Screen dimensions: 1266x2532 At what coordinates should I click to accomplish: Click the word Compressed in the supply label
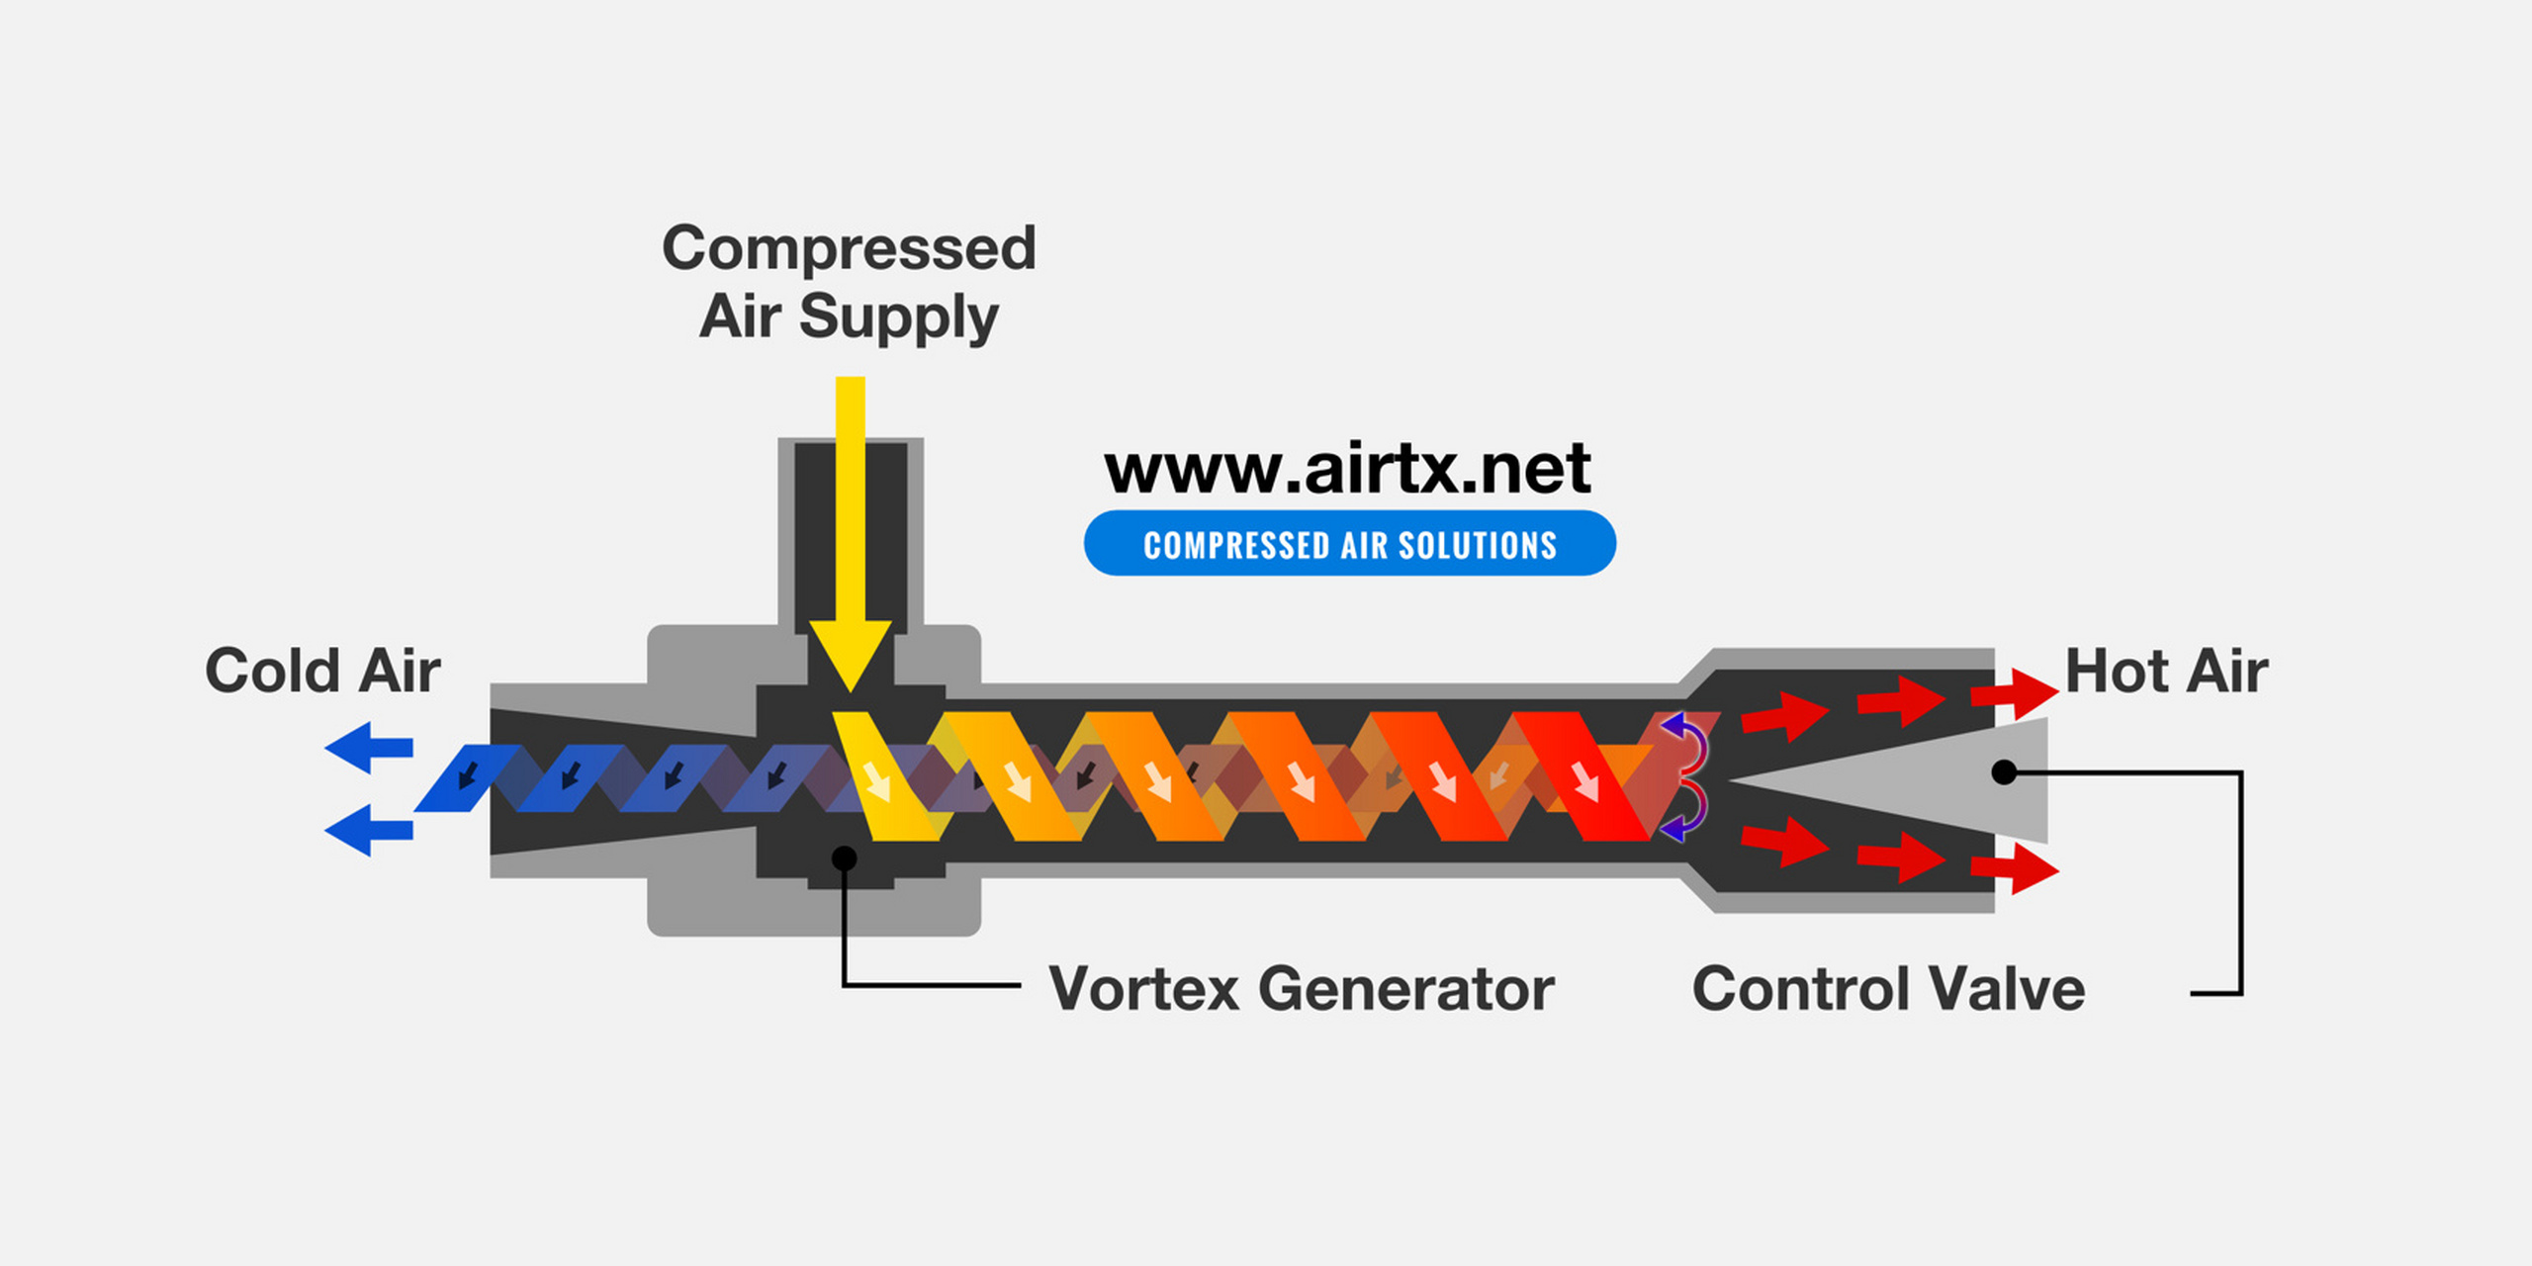[849, 248]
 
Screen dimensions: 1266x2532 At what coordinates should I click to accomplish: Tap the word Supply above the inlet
[898, 317]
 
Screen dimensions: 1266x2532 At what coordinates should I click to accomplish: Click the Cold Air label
[322, 672]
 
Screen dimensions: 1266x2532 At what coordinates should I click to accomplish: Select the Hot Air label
[2166, 672]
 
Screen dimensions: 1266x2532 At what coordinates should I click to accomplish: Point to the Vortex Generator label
[1301, 989]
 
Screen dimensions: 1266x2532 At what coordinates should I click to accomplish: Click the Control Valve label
[1888, 989]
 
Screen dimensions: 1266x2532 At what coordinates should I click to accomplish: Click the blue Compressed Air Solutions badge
[1349, 544]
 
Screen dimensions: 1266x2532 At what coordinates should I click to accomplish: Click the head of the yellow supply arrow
[850, 653]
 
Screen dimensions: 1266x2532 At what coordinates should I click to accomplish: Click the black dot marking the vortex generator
[844, 859]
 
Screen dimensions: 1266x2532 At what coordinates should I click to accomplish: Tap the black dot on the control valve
[2004, 771]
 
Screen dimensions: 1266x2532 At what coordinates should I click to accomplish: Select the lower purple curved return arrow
[1687, 813]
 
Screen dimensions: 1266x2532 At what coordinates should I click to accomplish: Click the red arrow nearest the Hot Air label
[2018, 692]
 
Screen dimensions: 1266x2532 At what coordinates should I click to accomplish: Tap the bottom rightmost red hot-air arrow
[2018, 870]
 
